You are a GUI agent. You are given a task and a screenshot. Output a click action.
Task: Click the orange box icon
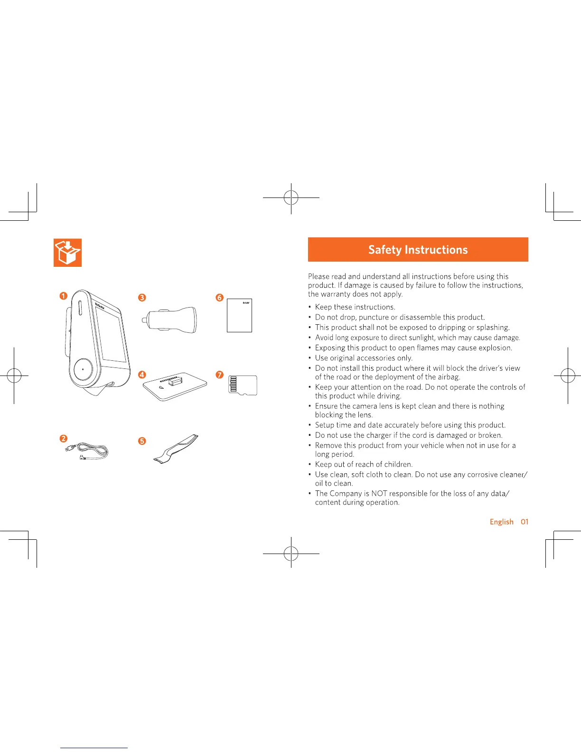coord(67,252)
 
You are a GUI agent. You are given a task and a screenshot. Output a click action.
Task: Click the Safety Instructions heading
coord(418,250)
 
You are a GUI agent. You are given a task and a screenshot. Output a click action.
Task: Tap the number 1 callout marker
coord(63,296)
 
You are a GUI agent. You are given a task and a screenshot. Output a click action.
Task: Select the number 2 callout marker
coord(63,439)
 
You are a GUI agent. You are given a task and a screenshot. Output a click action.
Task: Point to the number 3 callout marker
coord(141,298)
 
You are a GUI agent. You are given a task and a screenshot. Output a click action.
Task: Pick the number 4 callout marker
coord(141,375)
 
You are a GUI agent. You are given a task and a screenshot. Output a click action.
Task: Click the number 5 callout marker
coord(141,441)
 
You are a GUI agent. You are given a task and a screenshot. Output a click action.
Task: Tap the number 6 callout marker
coord(219,298)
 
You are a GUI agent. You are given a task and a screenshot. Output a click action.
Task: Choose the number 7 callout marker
coord(219,375)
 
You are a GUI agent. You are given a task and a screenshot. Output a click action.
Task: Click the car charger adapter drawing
coord(171,319)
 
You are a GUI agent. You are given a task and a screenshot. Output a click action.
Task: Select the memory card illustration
coord(243,385)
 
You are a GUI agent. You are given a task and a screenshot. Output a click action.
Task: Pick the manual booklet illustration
coord(239,315)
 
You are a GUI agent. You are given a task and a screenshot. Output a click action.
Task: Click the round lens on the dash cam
coord(83,369)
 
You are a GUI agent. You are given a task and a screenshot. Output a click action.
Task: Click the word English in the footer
coord(501,522)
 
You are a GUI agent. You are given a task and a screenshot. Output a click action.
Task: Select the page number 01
coord(525,522)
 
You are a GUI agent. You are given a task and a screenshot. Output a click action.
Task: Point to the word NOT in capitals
coord(380,494)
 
